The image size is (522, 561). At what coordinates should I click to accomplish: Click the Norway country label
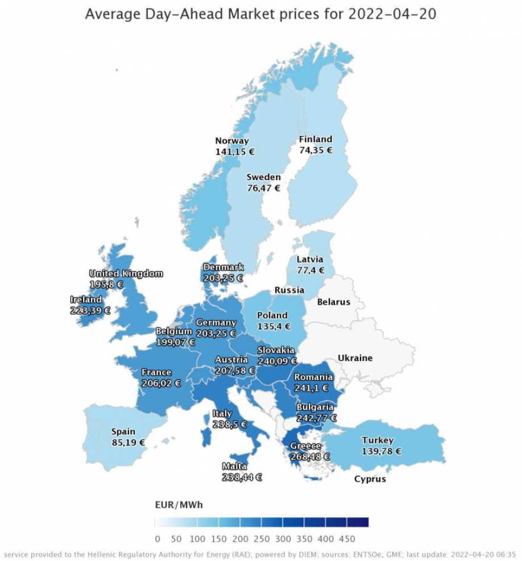(x=231, y=141)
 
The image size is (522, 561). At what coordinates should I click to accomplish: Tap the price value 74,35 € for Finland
(x=316, y=151)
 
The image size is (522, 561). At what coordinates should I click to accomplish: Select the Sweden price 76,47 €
(x=263, y=188)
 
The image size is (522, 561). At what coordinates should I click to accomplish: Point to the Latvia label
(x=310, y=259)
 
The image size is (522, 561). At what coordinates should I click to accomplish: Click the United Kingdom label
(x=126, y=273)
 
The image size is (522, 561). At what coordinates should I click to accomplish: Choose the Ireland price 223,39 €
(x=90, y=310)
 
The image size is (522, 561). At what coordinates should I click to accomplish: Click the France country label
(x=156, y=372)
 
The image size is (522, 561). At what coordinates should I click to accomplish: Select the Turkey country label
(x=378, y=440)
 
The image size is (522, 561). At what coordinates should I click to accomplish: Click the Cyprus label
(x=370, y=479)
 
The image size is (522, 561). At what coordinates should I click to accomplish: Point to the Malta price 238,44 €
(x=242, y=477)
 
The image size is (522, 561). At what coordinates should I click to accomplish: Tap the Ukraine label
(x=355, y=358)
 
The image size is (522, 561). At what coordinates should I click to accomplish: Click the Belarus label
(x=333, y=302)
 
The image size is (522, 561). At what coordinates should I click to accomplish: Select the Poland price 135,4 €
(x=274, y=326)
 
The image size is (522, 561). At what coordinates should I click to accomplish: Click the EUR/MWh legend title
(x=179, y=504)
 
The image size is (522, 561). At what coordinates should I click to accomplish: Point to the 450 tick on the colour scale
(x=346, y=539)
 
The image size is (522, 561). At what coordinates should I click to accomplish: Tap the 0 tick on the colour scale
(x=158, y=539)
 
